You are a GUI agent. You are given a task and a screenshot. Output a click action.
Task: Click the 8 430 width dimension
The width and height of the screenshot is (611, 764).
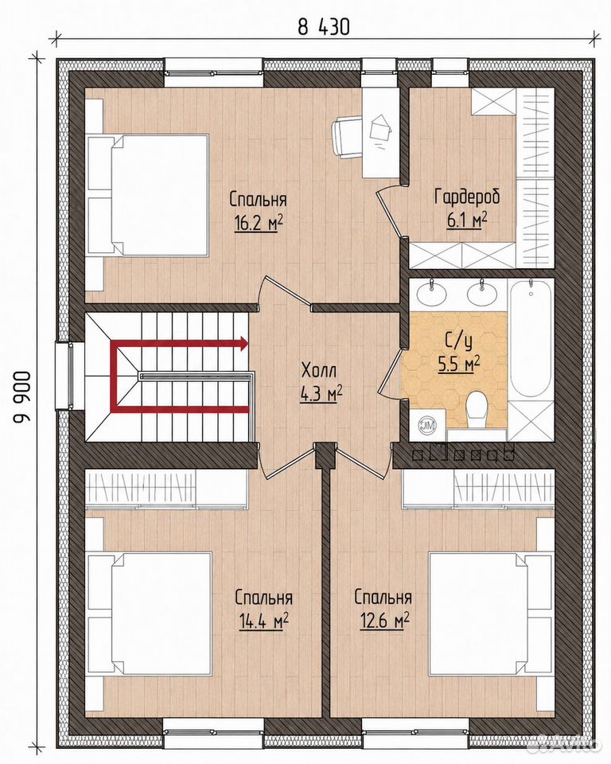coord(324,27)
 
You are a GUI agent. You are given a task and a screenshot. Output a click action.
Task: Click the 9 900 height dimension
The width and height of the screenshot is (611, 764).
coord(22,398)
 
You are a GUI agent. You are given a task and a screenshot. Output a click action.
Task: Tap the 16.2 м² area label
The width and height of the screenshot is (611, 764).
coord(259,223)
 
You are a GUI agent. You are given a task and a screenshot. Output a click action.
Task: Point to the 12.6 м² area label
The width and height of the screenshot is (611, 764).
coord(384,620)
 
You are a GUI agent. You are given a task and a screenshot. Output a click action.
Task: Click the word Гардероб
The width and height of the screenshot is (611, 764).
coord(467,197)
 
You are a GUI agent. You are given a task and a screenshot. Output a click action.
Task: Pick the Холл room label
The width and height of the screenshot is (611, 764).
coord(319,371)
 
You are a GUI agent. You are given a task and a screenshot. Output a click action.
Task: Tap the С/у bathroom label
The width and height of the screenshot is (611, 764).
coord(458,342)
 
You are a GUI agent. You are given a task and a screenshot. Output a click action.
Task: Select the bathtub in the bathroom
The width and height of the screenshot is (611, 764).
coord(531,341)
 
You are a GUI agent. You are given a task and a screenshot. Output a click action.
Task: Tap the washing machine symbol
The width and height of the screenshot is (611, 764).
coord(427,425)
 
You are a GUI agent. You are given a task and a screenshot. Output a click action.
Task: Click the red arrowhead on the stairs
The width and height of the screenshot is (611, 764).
coord(242,344)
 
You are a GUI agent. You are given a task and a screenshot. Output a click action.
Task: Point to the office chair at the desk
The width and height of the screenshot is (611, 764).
coord(347,137)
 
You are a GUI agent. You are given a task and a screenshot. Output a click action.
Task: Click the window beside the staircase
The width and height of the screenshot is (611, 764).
coord(64,376)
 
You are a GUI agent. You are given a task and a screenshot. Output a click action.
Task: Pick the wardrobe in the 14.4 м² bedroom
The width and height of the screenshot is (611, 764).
coord(166,489)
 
